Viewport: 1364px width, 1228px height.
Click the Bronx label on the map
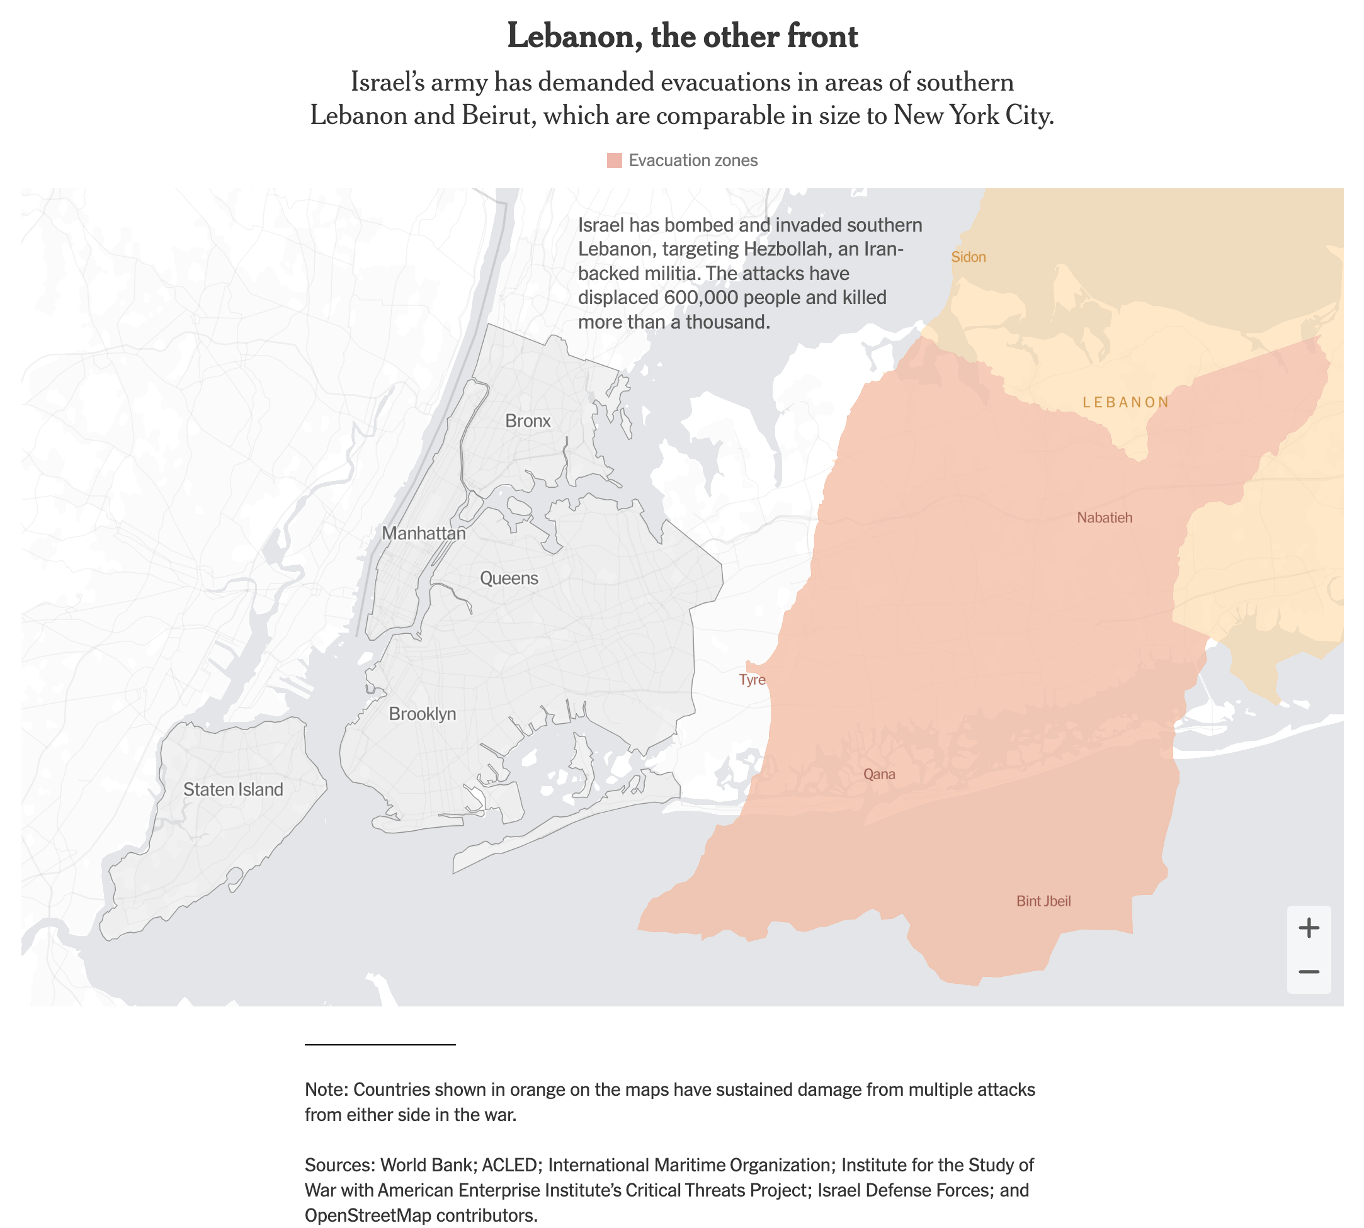click(x=527, y=421)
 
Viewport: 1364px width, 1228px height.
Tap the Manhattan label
click(x=423, y=533)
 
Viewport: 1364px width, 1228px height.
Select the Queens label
click(x=509, y=578)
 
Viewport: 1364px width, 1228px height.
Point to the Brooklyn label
click(x=422, y=714)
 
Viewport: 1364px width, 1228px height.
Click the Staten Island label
click(x=233, y=789)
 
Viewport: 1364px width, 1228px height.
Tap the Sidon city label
click(x=968, y=257)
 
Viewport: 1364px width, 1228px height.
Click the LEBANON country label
click(x=1125, y=402)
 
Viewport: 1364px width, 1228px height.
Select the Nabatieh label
click(x=1104, y=517)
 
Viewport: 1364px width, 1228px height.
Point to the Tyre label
click(x=752, y=679)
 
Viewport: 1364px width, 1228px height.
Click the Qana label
click(x=878, y=774)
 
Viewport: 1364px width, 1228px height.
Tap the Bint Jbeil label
click(x=1043, y=901)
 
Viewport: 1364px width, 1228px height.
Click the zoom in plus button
click(x=1308, y=928)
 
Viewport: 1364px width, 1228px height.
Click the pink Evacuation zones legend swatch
click(x=613, y=161)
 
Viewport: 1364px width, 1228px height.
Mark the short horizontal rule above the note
click(x=380, y=1044)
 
